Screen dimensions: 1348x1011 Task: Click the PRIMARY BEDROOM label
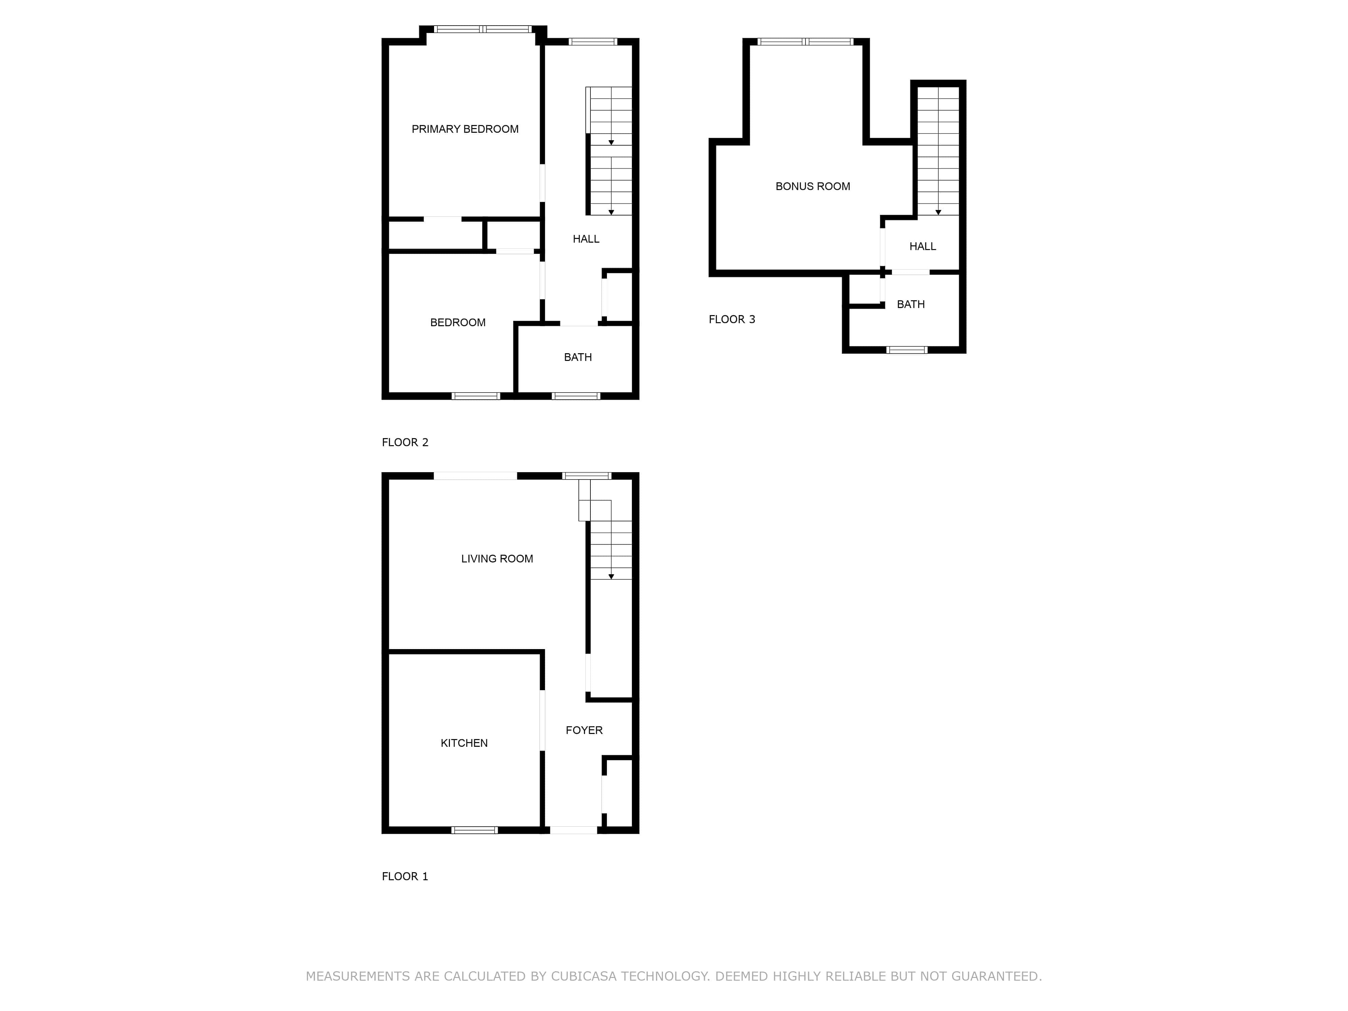click(465, 129)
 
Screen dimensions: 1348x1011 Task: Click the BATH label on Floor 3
click(911, 304)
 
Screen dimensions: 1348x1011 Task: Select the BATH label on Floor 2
click(578, 357)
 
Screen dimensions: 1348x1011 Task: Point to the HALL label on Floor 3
click(923, 246)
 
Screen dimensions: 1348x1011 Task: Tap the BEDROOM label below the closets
click(458, 323)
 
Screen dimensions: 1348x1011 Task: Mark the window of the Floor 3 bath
click(907, 350)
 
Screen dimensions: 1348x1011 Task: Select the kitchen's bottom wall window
click(474, 830)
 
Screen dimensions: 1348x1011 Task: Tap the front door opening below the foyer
click(574, 830)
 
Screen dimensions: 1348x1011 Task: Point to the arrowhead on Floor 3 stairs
click(939, 212)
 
